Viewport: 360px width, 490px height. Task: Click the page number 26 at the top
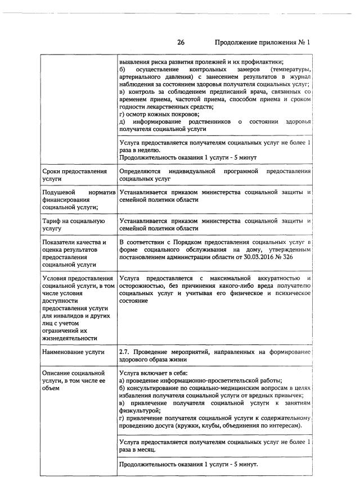pyautogui.click(x=181, y=42)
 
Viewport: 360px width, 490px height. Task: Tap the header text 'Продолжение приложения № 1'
pyautogui.click(x=263, y=42)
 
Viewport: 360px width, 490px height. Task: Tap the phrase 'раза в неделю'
pyautogui.click(x=139, y=150)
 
